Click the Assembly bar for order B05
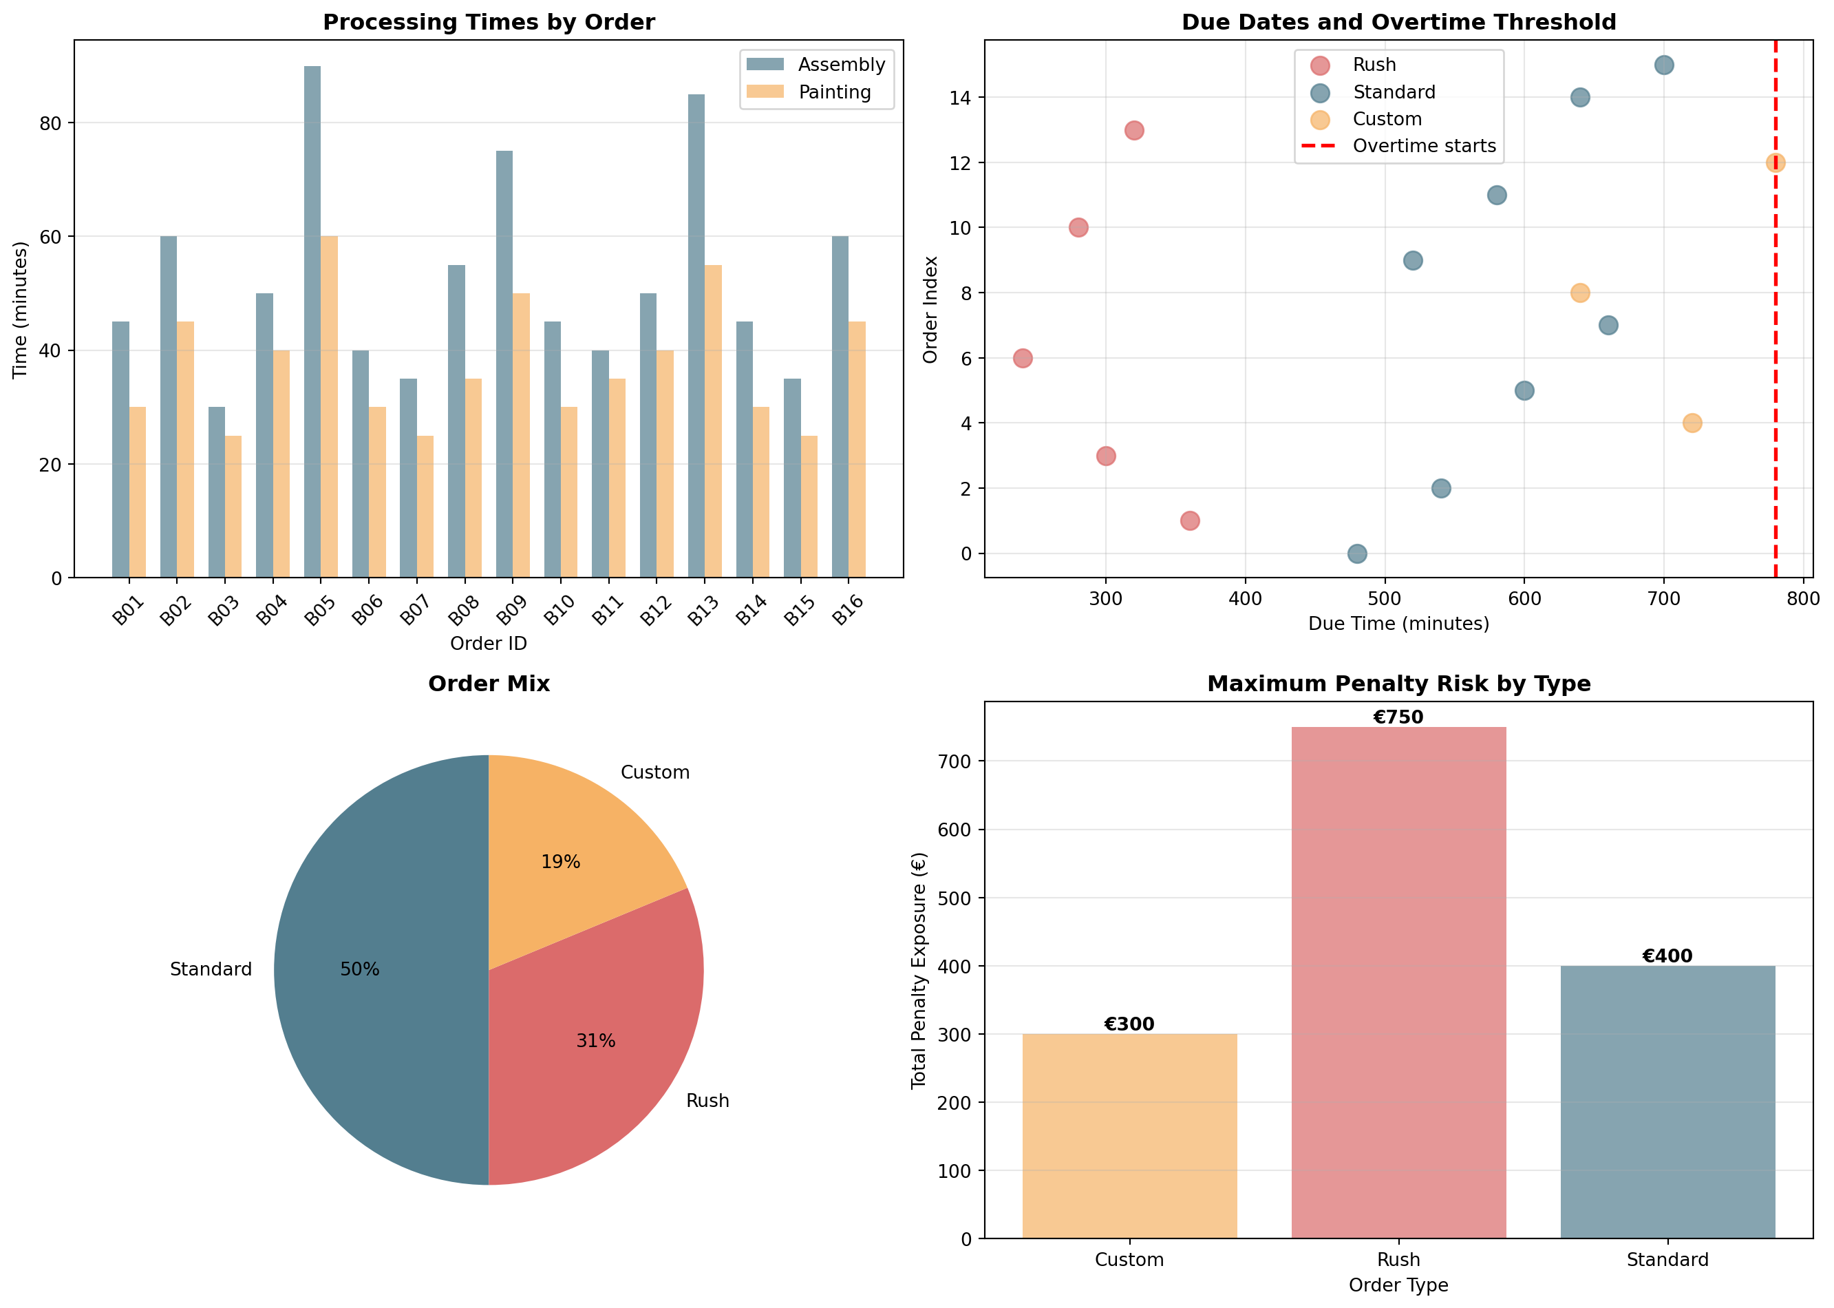(x=312, y=322)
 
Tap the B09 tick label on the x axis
(x=512, y=611)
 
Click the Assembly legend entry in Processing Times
(x=840, y=65)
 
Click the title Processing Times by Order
(x=489, y=23)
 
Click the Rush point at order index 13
(x=1133, y=131)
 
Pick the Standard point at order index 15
(x=1664, y=65)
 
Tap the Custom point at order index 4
(x=1692, y=423)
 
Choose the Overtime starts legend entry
(x=1423, y=147)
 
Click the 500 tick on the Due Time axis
(x=1385, y=598)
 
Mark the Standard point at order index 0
(x=1357, y=553)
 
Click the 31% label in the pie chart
(x=596, y=1041)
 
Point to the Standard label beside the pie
(x=211, y=969)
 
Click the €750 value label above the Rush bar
(x=1398, y=717)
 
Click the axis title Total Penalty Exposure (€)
(x=919, y=970)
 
